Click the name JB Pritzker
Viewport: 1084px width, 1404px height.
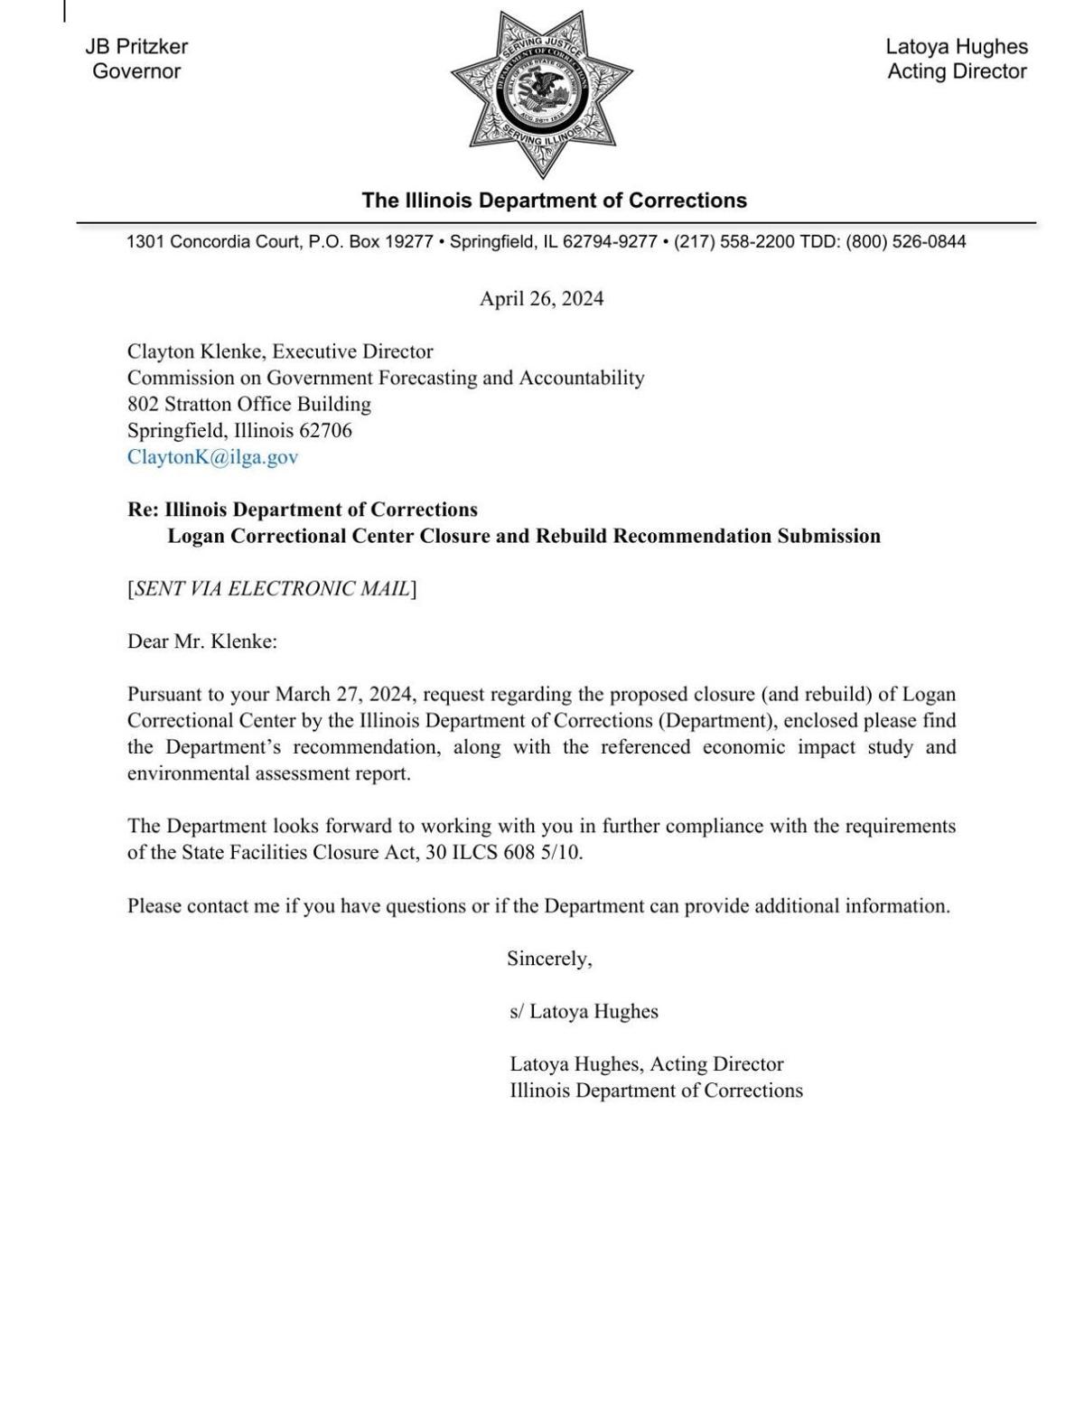[x=136, y=47]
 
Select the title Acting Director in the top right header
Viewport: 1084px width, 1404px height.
[x=957, y=71]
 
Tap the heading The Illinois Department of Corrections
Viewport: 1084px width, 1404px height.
[x=554, y=201]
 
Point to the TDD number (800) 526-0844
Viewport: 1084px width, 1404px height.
[x=905, y=242]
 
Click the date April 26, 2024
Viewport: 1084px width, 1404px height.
[x=541, y=299]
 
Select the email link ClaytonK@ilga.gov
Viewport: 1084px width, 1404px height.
[x=212, y=457]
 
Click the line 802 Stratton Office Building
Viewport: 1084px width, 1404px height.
[x=248, y=404]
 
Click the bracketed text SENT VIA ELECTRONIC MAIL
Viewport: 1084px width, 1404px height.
[x=272, y=589]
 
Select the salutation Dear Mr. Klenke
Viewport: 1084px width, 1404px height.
[x=201, y=642]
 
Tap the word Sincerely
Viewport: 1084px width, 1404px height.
[x=548, y=959]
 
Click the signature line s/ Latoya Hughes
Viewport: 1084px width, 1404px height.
[x=584, y=1012]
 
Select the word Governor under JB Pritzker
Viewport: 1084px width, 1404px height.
[x=136, y=71]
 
